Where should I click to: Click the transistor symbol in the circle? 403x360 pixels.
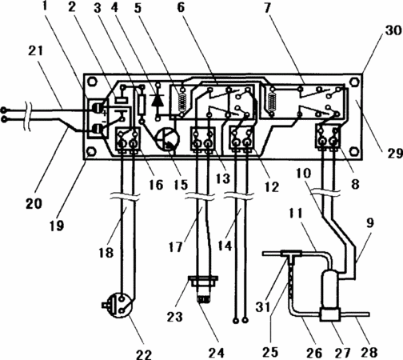(x=168, y=138)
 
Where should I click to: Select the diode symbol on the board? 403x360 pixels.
(x=158, y=100)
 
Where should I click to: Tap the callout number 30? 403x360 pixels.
(x=393, y=31)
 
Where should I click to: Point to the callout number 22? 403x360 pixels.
(x=144, y=354)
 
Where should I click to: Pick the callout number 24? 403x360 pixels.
(x=216, y=352)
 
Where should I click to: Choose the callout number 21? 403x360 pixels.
(x=35, y=50)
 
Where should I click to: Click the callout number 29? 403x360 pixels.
(x=395, y=154)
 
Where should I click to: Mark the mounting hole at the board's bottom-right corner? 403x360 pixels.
(x=353, y=151)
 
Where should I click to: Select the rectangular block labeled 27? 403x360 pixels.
(x=330, y=314)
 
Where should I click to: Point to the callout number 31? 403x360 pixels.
(x=263, y=306)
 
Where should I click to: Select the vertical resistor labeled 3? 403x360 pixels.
(x=142, y=105)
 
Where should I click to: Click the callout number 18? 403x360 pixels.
(x=106, y=252)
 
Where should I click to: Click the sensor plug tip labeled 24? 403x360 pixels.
(x=203, y=300)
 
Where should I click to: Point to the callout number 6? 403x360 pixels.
(x=181, y=7)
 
